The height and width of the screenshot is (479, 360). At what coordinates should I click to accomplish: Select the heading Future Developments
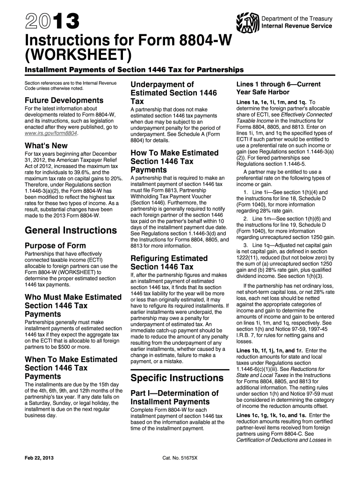pos(64,100)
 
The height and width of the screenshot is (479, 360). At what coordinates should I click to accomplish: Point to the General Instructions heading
pos(71,230)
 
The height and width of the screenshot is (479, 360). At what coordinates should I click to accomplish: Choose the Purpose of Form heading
pos(55,246)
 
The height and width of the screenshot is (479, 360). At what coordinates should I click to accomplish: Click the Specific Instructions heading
pos(177,377)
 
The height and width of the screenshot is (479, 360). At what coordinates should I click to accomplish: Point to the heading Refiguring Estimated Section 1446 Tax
pos(169,262)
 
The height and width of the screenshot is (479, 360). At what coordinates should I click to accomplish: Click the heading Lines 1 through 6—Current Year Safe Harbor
pos(278,88)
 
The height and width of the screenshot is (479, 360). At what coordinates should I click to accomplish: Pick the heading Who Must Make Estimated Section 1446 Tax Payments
pos(72,305)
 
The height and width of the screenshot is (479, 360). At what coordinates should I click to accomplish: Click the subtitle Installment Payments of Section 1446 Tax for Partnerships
pos(127,70)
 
